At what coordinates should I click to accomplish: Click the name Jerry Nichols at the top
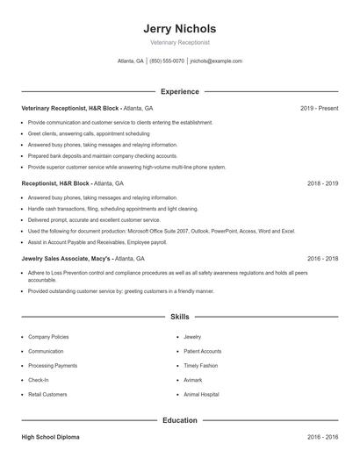tap(179, 28)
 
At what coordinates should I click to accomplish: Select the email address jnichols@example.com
tap(216, 61)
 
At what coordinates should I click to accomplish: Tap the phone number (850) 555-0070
tap(167, 61)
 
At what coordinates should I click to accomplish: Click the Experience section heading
tap(179, 91)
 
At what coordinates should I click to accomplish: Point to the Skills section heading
tap(179, 316)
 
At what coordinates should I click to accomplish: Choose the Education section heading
tap(179, 420)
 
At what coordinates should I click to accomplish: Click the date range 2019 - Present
tap(319, 108)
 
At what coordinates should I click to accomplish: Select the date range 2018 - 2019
tap(322, 183)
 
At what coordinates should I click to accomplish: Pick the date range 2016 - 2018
tap(322, 259)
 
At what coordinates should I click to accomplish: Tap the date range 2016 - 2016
tap(322, 436)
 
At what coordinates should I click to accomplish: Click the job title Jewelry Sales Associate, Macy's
tap(67, 259)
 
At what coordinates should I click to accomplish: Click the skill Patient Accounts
tap(202, 351)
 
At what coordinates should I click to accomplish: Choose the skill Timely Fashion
tap(201, 365)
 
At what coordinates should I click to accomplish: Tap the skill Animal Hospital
tap(203, 395)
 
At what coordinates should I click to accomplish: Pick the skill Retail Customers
tap(47, 395)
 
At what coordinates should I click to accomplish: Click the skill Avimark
tap(193, 380)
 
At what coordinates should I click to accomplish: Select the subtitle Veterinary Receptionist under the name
tap(179, 42)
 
